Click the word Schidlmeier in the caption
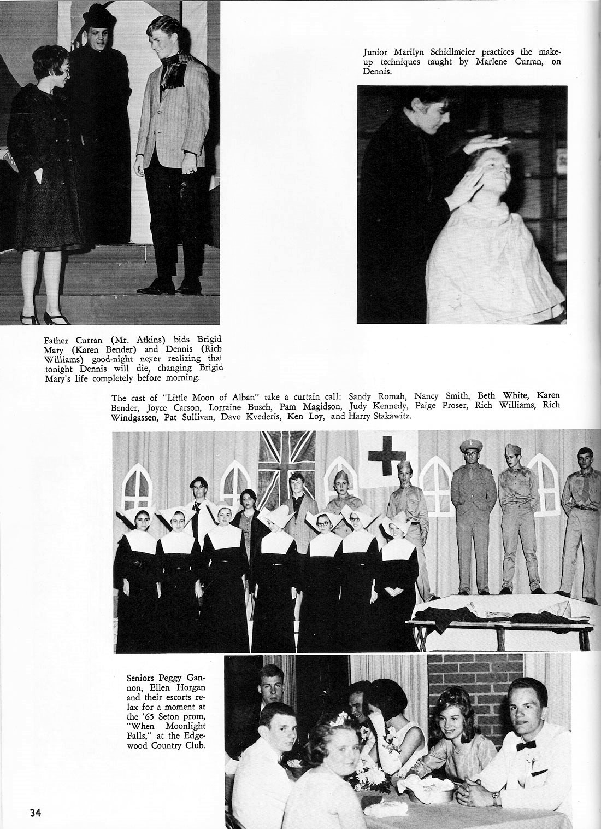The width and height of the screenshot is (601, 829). click(x=441, y=52)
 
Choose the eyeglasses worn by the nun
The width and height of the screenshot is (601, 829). click(x=325, y=522)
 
